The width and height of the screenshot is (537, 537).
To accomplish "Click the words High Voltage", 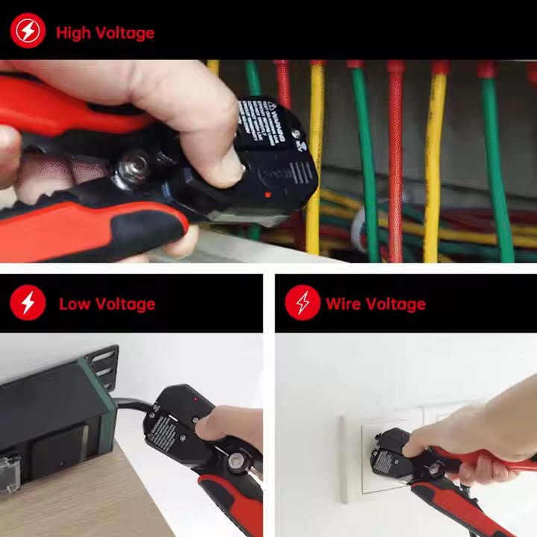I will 104,33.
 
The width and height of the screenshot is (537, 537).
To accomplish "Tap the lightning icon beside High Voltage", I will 28,32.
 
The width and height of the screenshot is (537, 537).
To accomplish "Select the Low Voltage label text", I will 107,304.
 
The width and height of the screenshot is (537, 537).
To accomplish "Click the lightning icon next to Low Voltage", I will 28,304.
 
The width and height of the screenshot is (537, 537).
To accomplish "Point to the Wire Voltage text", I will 375,304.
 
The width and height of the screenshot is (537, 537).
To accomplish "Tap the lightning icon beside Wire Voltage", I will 303,304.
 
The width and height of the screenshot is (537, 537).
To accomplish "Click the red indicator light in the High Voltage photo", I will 267,195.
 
